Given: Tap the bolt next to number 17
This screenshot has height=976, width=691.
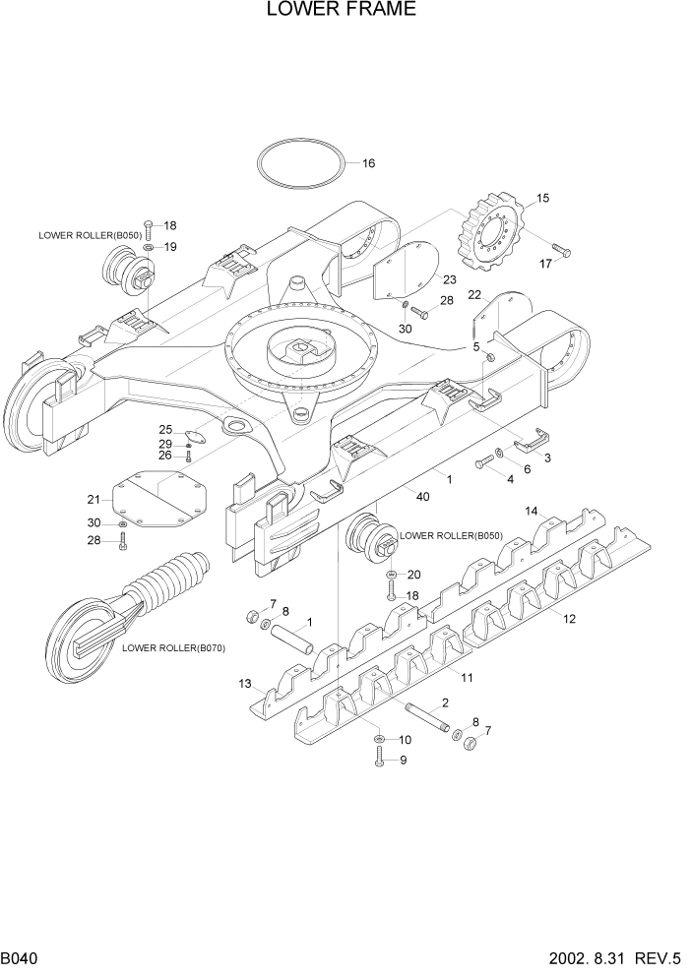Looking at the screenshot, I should pyautogui.click(x=560, y=250).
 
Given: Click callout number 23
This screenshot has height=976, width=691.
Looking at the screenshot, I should pyautogui.click(x=449, y=281).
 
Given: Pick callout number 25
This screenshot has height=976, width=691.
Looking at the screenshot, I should pyautogui.click(x=166, y=429).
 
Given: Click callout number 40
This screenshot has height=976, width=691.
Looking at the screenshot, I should pyautogui.click(x=422, y=497).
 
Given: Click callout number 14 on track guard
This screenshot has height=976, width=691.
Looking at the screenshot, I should pyautogui.click(x=531, y=511).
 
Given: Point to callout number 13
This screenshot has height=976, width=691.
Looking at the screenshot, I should pyautogui.click(x=245, y=683).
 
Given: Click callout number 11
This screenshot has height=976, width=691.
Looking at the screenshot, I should pyautogui.click(x=468, y=678).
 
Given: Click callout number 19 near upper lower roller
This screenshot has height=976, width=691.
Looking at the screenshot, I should pyautogui.click(x=170, y=247).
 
